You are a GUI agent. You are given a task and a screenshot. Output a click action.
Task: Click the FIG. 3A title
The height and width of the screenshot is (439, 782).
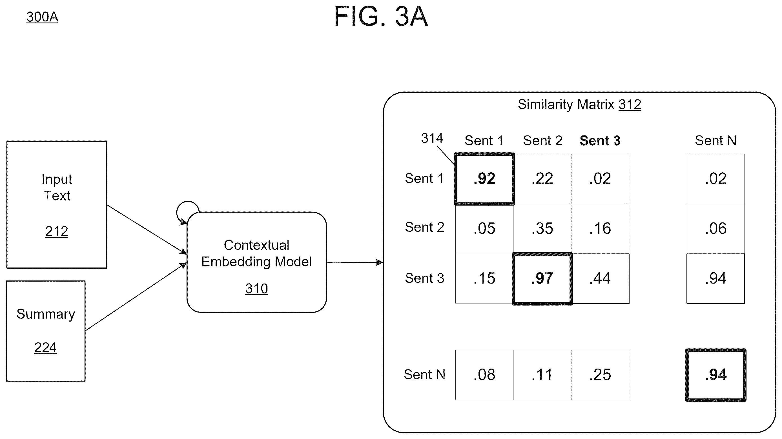[381, 16]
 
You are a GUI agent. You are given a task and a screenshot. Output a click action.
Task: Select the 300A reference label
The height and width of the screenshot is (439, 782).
[42, 17]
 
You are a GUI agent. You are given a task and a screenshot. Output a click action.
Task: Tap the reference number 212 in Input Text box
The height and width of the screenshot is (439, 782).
[57, 231]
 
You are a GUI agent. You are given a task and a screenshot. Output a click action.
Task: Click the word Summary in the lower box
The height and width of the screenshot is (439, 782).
[46, 314]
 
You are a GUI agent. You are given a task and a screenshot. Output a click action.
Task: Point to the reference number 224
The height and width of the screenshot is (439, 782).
[45, 348]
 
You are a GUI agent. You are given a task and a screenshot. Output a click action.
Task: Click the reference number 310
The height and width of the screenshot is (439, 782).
[256, 289]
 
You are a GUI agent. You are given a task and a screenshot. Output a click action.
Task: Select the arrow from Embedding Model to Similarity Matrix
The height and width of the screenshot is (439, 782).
[355, 262]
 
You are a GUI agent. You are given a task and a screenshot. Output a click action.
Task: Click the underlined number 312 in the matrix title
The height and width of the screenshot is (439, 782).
[630, 105]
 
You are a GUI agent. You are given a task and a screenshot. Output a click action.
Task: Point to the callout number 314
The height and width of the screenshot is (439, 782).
[432, 138]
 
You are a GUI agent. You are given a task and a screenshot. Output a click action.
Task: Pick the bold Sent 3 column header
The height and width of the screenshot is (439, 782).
[600, 141]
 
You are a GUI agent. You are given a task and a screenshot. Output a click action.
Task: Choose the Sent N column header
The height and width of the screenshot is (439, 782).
[715, 141]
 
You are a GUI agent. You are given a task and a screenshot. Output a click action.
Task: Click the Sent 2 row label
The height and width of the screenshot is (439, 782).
[424, 227]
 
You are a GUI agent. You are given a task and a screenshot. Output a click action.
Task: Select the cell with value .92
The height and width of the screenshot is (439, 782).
[484, 179]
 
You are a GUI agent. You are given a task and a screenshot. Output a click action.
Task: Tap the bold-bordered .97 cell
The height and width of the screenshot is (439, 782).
[542, 279]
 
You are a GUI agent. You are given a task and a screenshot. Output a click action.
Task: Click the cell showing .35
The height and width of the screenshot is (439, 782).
[542, 229]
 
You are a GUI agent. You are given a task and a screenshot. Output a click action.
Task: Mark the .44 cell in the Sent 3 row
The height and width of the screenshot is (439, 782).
[600, 279]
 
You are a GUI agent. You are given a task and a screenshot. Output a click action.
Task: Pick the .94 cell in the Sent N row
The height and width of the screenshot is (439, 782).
[716, 375]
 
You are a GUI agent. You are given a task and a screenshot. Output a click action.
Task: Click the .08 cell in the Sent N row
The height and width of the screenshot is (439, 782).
[484, 375]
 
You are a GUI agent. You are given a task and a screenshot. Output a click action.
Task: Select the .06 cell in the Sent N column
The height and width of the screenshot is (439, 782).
[716, 229]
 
